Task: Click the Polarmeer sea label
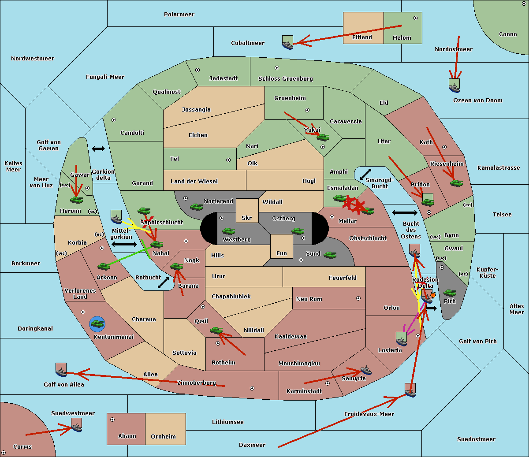point(179,15)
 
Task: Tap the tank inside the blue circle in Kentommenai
point(97,324)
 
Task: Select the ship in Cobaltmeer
point(287,42)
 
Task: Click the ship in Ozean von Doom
point(454,85)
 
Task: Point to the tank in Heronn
point(77,200)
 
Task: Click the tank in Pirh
point(450,293)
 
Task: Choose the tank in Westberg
point(228,231)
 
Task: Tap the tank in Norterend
point(196,206)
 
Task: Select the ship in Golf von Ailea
point(61,370)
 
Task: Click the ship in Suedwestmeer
point(76,425)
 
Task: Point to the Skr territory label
point(247,218)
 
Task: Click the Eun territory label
point(282,253)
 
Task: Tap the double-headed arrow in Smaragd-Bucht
point(365,175)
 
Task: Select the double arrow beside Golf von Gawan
point(98,149)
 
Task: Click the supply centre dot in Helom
point(415,18)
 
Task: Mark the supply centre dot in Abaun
point(112,420)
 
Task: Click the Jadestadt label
point(223,78)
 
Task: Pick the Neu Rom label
point(309,299)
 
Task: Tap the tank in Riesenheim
point(456,182)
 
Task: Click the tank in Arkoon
point(104,266)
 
